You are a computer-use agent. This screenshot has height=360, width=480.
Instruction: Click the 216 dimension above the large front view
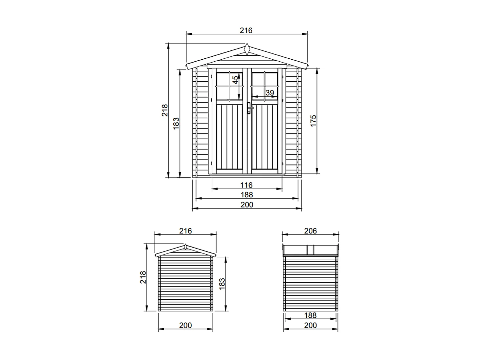(246, 30)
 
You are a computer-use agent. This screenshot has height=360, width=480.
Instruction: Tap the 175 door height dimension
(313, 121)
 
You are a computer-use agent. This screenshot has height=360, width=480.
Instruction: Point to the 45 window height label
(235, 80)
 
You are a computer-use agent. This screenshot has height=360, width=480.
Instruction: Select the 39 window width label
(270, 93)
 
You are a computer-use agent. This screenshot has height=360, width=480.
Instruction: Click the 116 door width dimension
(246, 185)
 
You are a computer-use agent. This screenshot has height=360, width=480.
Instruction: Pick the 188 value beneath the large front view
(247, 195)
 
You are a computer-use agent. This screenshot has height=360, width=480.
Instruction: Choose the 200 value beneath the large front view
(247, 205)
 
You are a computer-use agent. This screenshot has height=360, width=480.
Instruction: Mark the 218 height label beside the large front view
(165, 110)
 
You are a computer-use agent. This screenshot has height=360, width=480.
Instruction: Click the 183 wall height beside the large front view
(176, 123)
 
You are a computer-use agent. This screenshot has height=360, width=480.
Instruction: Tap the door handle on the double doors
(249, 108)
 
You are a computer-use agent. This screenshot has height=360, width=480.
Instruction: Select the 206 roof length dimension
(310, 231)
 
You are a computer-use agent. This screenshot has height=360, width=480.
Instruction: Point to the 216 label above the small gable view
(185, 231)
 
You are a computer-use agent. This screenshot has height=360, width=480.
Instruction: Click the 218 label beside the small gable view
(143, 277)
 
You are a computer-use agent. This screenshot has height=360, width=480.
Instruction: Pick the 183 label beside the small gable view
(222, 284)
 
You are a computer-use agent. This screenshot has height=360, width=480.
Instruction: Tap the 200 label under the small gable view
(185, 325)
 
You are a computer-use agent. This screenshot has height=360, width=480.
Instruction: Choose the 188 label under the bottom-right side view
(310, 315)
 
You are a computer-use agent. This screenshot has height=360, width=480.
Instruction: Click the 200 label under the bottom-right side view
(310, 325)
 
